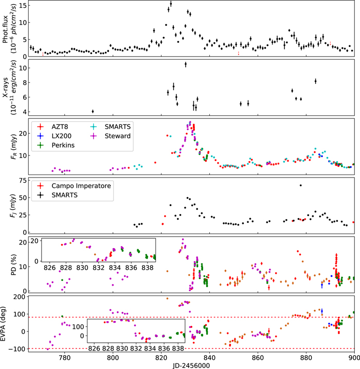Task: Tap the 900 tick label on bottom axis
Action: click(x=353, y=356)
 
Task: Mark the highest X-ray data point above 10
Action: click(x=185, y=64)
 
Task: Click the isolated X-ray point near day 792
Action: click(x=93, y=111)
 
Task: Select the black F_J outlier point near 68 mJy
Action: click(x=301, y=185)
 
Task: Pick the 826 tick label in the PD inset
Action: click(x=50, y=268)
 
